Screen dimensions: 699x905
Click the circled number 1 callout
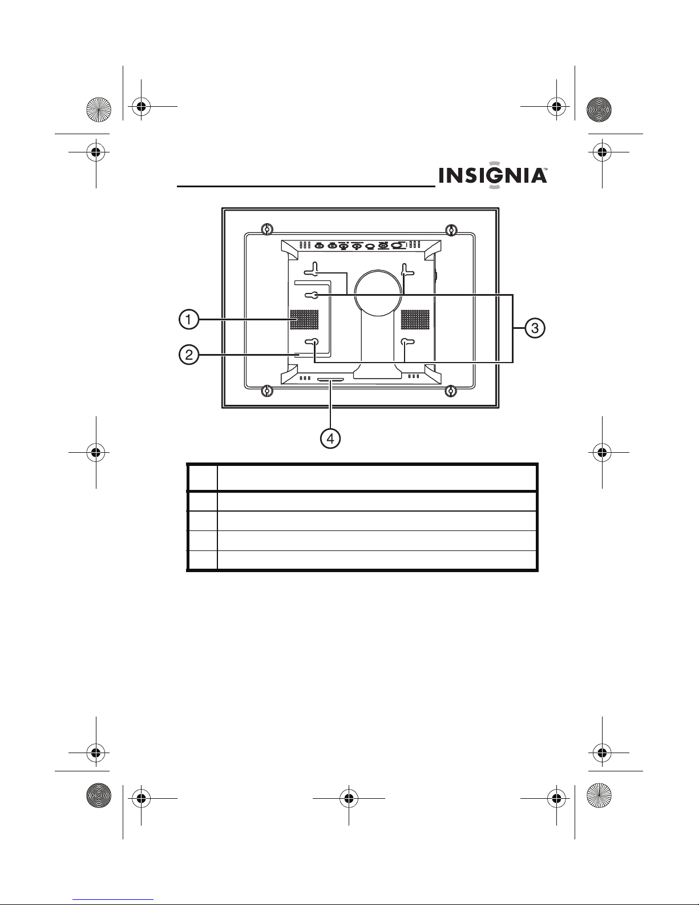point(188,319)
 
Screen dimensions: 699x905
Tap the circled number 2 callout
point(188,355)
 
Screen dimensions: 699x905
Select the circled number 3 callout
point(535,328)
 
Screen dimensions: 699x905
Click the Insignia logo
point(493,175)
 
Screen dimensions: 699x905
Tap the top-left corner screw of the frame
point(267,230)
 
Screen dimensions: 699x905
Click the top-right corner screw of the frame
point(451,230)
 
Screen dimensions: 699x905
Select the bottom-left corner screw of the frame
point(267,391)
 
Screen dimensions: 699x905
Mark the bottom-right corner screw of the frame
point(451,391)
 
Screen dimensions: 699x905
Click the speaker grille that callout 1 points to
point(304,319)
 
